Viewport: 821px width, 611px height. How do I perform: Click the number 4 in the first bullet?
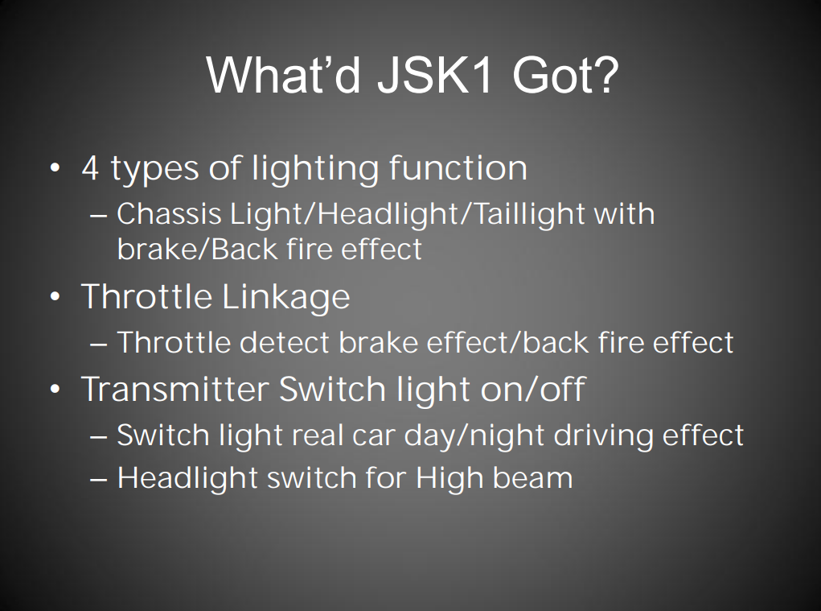click(90, 168)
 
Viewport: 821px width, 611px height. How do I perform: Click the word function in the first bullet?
click(458, 168)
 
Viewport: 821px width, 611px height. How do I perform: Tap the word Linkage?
click(285, 297)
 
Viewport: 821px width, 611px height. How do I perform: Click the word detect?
click(285, 343)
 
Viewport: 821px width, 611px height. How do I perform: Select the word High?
click(445, 478)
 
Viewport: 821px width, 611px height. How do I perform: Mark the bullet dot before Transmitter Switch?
click(55, 390)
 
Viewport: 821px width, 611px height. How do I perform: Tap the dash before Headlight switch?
click(99, 479)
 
